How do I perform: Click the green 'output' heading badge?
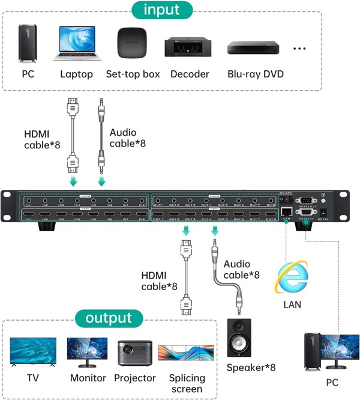(x=109, y=318)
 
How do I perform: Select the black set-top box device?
(x=133, y=43)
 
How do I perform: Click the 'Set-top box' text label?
(x=133, y=74)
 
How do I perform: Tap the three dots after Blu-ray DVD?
(x=301, y=49)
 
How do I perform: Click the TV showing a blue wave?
(x=33, y=351)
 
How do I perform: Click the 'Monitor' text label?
(x=88, y=378)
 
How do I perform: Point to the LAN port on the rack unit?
(x=287, y=211)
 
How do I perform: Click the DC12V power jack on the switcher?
(x=324, y=212)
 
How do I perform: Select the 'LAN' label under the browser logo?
(x=292, y=305)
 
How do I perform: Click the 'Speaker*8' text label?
(x=251, y=368)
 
